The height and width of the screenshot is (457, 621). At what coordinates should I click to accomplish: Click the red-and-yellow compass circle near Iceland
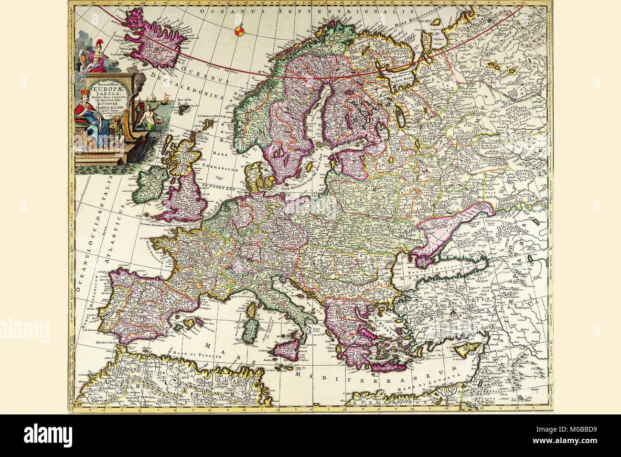[x=240, y=33]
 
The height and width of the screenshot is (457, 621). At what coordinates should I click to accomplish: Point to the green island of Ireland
[x=150, y=183]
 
